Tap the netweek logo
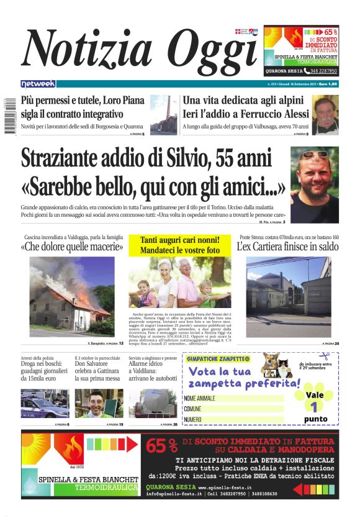click(x=38, y=83)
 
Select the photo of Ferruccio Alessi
click(x=326, y=115)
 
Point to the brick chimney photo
click(x=164, y=115)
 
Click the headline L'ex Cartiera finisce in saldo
click(x=288, y=247)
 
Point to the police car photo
click(x=45, y=404)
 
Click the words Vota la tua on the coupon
click(x=217, y=371)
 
